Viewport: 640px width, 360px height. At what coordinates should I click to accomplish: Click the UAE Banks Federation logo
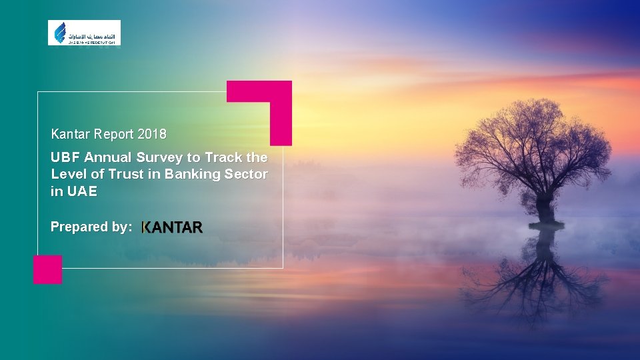click(84, 33)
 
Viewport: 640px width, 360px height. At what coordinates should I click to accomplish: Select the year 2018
click(151, 134)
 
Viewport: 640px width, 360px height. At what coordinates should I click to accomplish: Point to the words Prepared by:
click(91, 227)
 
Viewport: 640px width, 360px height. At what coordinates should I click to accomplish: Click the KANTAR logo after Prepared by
click(172, 228)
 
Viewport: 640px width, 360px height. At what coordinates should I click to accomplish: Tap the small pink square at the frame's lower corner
click(47, 269)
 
